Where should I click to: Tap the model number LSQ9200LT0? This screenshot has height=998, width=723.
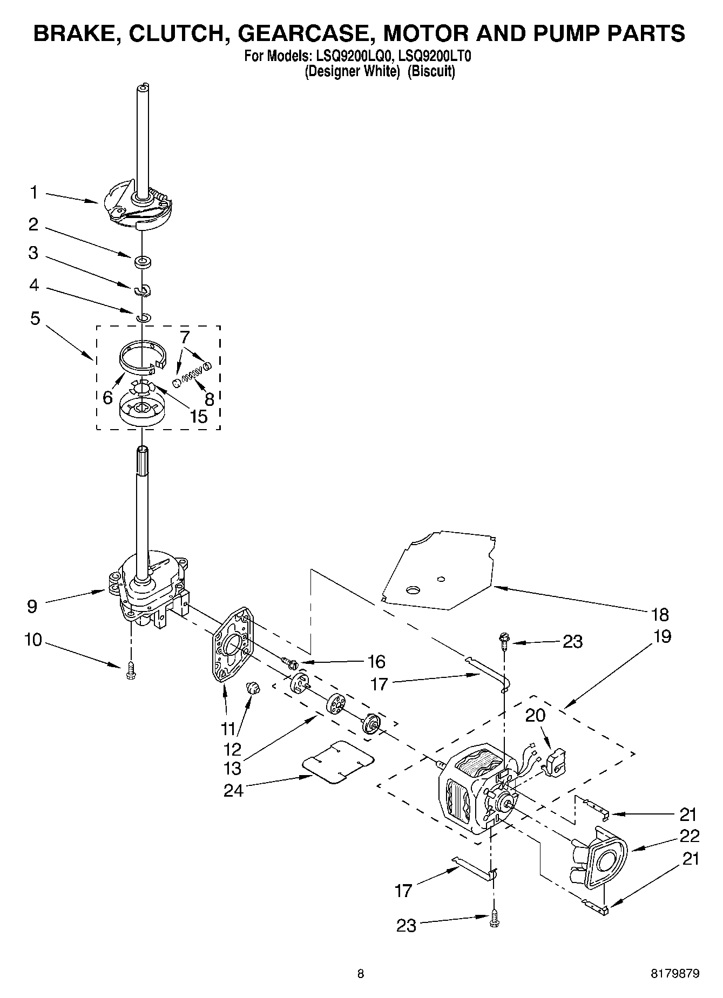[429, 56]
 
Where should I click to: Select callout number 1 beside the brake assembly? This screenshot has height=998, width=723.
[33, 192]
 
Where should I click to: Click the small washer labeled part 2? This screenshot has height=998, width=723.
[144, 263]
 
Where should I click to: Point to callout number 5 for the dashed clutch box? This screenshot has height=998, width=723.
[35, 318]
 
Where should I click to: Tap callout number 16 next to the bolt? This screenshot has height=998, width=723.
[376, 661]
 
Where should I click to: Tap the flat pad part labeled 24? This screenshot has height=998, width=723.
[339, 762]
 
